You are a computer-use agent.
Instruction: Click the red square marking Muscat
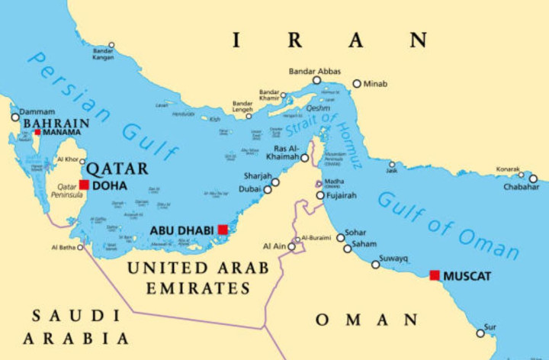point(435,275)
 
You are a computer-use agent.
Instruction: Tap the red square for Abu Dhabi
point(223,230)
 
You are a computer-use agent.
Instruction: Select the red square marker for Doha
point(84,185)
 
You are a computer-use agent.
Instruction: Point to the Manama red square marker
point(37,132)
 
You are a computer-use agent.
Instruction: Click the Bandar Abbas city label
point(314,71)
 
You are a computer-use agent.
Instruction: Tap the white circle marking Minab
point(356,84)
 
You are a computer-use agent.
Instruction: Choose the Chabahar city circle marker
point(533,178)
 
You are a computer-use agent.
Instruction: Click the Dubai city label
point(249,188)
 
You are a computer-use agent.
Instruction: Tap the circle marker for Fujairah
point(320,195)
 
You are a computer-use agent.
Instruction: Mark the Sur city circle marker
point(480,333)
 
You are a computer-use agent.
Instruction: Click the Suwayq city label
point(394,259)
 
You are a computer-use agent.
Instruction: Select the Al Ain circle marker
point(291,246)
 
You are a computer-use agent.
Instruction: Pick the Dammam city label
point(36,111)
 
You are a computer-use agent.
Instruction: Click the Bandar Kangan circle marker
point(111,46)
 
